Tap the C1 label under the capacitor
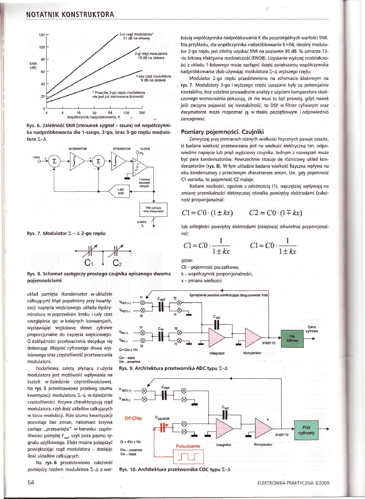tap(91, 264)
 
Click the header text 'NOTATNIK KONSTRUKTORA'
tap(70, 15)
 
